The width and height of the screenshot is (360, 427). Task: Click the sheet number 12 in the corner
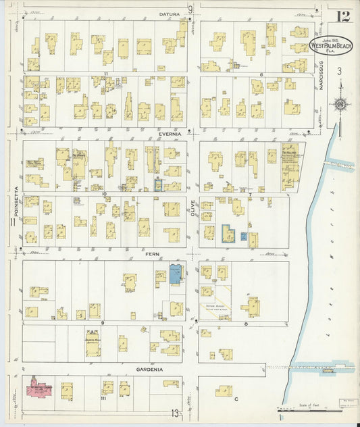(341, 15)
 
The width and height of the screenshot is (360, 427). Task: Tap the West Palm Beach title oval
(330, 45)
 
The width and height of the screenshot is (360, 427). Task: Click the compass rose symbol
(341, 104)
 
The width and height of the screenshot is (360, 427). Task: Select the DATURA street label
(169, 14)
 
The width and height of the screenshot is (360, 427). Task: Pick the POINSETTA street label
(14, 203)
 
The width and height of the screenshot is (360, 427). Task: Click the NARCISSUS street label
(322, 77)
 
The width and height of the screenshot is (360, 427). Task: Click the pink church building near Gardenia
(41, 389)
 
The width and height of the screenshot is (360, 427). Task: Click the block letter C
(236, 399)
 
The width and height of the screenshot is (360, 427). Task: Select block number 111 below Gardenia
(104, 399)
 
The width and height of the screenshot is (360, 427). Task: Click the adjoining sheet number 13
(175, 413)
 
